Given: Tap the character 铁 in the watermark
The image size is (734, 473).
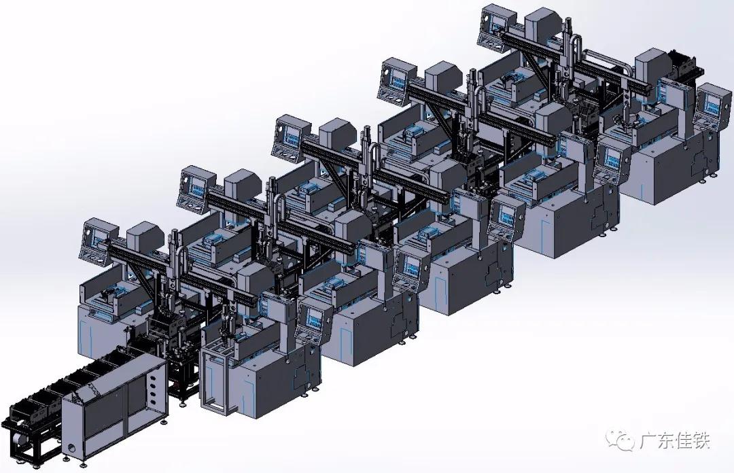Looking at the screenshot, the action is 700,440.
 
